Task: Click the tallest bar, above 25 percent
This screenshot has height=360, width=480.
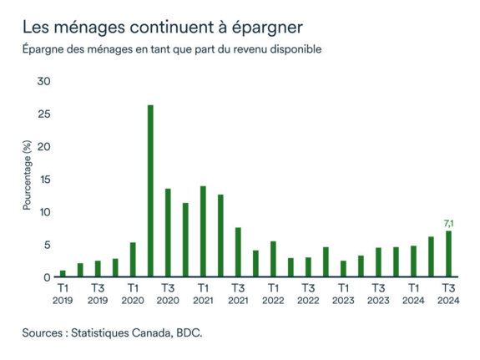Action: (x=150, y=191)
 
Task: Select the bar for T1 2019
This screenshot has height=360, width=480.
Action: (x=63, y=273)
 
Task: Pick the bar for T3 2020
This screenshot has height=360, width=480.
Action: (x=168, y=233)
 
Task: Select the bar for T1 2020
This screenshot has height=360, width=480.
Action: (x=133, y=260)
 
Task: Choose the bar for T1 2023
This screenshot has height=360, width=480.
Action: (x=343, y=268)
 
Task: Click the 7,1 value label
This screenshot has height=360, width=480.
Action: (x=448, y=223)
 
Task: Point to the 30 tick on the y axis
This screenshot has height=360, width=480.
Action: (x=44, y=82)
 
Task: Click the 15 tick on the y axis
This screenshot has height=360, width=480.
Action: (x=44, y=180)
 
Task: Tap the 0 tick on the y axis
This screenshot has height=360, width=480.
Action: (x=48, y=277)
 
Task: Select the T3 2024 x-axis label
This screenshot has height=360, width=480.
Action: (x=448, y=293)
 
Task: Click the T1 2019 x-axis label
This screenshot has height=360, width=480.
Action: (x=63, y=293)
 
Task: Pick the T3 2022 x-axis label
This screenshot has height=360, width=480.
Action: (x=308, y=293)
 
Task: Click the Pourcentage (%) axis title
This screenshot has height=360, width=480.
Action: (x=28, y=175)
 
